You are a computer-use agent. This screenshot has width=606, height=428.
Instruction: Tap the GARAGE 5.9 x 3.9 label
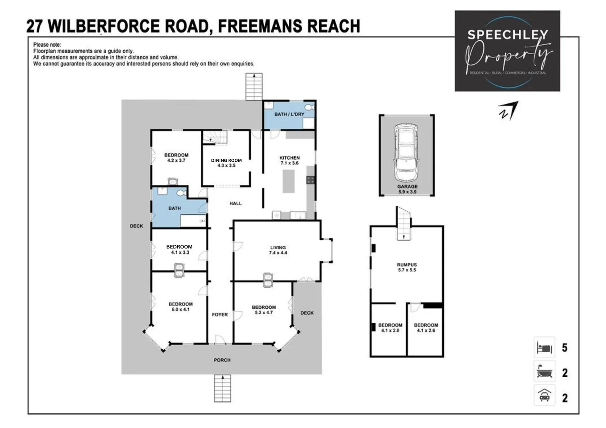pyautogui.click(x=407, y=189)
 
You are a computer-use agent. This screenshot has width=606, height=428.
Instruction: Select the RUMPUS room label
pyautogui.click(x=407, y=267)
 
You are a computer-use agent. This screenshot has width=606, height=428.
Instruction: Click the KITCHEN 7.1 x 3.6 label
pyautogui.click(x=290, y=160)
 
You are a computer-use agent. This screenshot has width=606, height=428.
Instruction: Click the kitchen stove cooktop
pyautogui.click(x=311, y=180)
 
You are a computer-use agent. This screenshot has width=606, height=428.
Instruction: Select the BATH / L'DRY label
pyautogui.click(x=289, y=114)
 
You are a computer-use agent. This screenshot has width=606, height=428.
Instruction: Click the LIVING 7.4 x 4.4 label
pyautogui.click(x=278, y=250)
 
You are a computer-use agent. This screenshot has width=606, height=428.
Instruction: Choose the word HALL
pyautogui.click(x=236, y=203)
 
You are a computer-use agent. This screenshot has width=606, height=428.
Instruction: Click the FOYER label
pyautogui.click(x=220, y=314)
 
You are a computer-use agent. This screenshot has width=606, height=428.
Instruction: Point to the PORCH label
pyautogui.click(x=222, y=360)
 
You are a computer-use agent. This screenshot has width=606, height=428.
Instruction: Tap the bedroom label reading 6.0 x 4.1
pyautogui.click(x=180, y=307)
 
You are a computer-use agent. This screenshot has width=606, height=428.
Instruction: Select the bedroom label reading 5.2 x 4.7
pyautogui.click(x=264, y=310)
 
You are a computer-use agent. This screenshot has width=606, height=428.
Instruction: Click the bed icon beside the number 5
pyautogui.click(x=544, y=348)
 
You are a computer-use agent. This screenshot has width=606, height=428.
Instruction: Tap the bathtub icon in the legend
pyautogui.click(x=544, y=372)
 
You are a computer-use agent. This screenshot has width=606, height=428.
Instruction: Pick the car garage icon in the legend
pyautogui.click(x=544, y=396)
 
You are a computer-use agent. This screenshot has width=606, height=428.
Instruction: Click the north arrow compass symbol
pyautogui.click(x=508, y=111)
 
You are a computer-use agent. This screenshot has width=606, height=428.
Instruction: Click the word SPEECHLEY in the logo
pyautogui.click(x=507, y=35)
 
